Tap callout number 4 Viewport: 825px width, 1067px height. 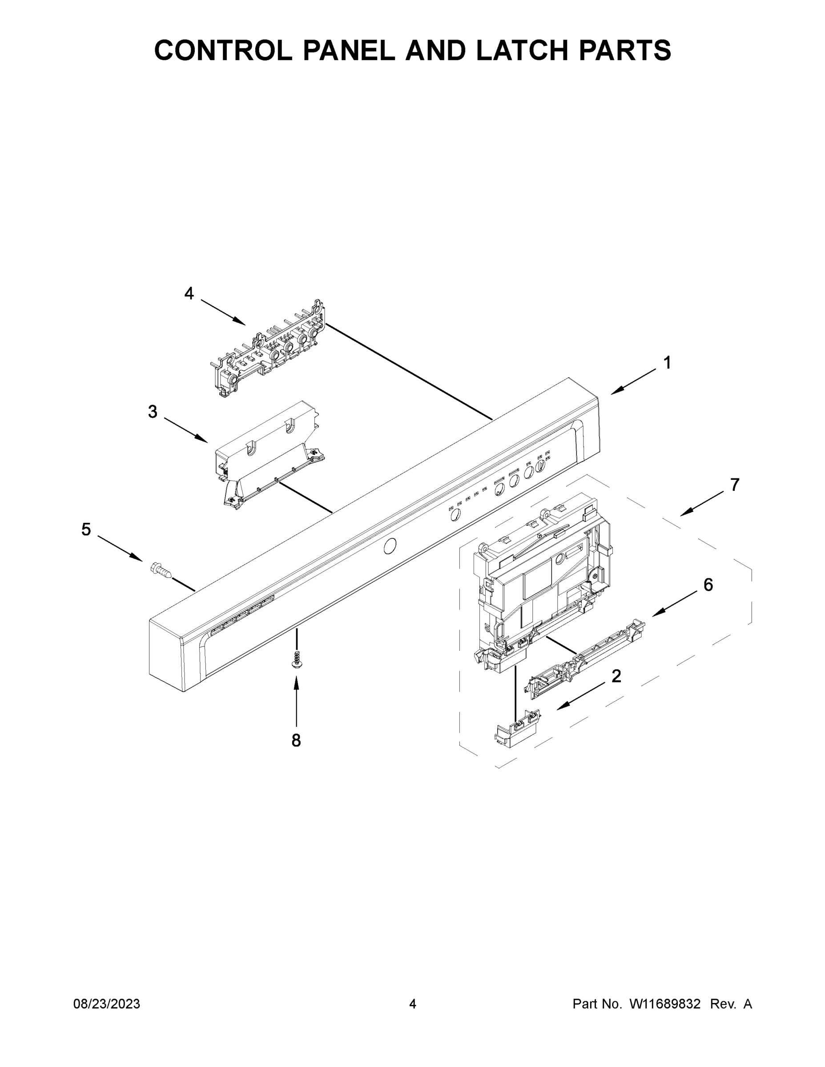click(189, 293)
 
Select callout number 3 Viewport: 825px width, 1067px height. click(153, 412)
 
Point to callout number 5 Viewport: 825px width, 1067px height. click(86, 529)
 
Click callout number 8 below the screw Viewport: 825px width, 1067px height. click(296, 741)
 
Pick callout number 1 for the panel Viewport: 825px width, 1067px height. click(667, 363)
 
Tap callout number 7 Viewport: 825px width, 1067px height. click(735, 485)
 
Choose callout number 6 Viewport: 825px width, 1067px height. click(708, 585)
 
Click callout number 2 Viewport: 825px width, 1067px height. click(616, 676)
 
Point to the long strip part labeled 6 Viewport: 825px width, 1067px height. click(587, 660)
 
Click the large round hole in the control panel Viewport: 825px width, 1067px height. click(390, 547)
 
